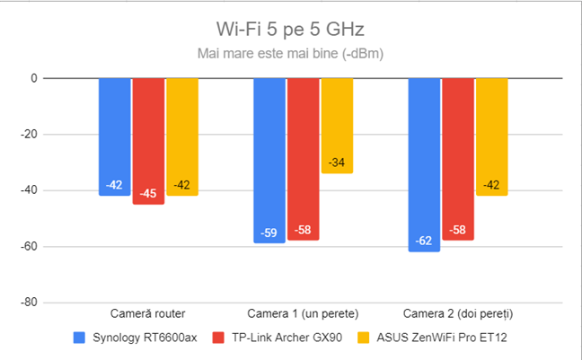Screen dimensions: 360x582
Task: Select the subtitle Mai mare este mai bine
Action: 290,54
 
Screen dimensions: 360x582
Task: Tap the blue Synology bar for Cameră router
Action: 114,135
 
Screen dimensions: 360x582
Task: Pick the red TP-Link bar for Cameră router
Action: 148,139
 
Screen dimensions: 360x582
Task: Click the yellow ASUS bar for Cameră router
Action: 182,135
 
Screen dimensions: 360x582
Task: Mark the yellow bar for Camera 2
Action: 492,135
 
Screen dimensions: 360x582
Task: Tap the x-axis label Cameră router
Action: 148,314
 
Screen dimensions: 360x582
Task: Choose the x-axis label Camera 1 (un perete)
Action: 303,314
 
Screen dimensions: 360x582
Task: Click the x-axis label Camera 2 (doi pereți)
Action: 458,314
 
